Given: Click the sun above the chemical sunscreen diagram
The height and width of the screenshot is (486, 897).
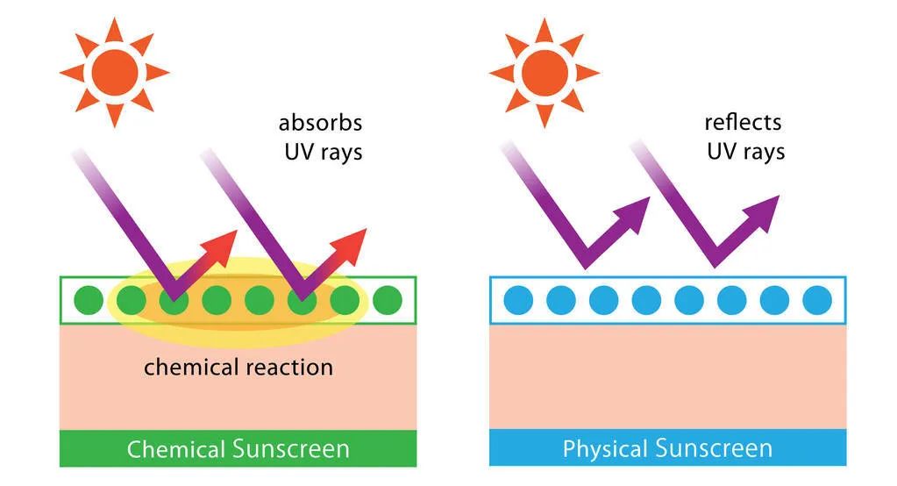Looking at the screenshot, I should click(x=114, y=72).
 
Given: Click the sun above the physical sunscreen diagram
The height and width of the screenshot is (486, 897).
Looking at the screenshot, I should click(x=544, y=72).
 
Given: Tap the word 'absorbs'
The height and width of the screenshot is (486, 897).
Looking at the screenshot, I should click(x=320, y=122).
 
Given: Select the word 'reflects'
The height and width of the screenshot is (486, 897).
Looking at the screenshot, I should click(x=743, y=122).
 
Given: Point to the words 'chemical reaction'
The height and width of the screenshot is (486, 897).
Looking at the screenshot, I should click(x=238, y=366).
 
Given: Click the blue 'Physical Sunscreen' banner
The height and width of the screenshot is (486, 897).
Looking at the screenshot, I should click(x=667, y=448).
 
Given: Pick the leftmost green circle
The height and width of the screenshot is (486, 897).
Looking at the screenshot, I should click(x=89, y=300).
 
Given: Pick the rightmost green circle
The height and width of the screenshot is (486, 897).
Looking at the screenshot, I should click(x=387, y=300).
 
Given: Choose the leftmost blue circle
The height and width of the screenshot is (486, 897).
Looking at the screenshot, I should click(x=518, y=300).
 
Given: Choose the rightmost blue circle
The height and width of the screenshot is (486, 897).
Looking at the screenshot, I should click(x=816, y=300).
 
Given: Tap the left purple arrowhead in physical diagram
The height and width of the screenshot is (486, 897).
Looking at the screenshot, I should click(x=637, y=211).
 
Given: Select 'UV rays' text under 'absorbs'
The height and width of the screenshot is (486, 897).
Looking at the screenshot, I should click(x=323, y=152).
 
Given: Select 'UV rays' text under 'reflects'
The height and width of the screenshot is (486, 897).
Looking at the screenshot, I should click(x=745, y=152).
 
